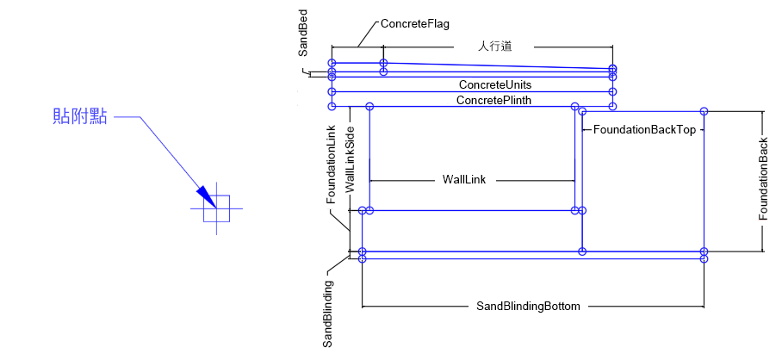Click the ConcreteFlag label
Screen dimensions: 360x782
pyautogui.click(x=415, y=24)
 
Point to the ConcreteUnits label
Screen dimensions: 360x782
pyautogui.click(x=494, y=85)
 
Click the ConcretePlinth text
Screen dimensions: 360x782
pyautogui.click(x=493, y=101)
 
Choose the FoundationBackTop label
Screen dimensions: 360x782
pyautogui.click(x=644, y=130)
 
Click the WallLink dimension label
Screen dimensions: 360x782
pyautogui.click(x=465, y=180)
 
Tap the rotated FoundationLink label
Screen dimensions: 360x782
pyautogui.click(x=331, y=164)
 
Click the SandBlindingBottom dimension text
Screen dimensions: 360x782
pyautogui.click(x=529, y=306)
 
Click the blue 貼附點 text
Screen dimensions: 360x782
pyautogui.click(x=80, y=117)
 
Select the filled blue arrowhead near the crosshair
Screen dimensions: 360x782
pyautogui.click(x=204, y=196)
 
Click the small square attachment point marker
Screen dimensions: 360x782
pyautogui.click(x=217, y=209)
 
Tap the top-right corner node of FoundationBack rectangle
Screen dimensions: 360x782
pyautogui.click(x=704, y=111)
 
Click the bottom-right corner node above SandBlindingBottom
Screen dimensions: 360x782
pyautogui.click(x=704, y=258)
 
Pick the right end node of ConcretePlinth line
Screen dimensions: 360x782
pyautogui.click(x=612, y=106)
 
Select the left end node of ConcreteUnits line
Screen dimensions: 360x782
pyautogui.click(x=332, y=90)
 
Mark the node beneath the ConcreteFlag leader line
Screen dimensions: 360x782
pyautogui.click(x=383, y=63)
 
